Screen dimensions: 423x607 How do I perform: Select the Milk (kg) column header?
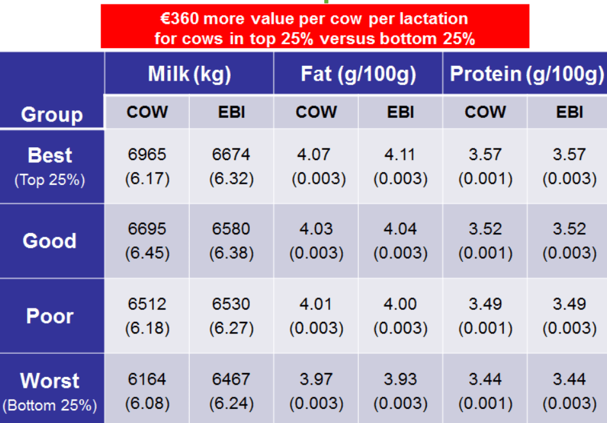click(189, 74)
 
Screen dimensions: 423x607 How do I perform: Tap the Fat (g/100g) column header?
click(358, 74)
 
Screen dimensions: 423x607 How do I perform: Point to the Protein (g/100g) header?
click(526, 74)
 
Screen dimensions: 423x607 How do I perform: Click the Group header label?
click(52, 115)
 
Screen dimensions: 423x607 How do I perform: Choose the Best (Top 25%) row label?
click(50, 166)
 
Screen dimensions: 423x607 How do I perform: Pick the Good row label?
click(50, 241)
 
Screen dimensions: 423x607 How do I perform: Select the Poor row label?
click(50, 315)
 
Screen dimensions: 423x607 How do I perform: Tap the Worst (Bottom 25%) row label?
click(50, 390)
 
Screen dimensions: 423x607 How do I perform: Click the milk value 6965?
click(147, 155)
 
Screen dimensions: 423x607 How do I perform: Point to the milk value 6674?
click(231, 155)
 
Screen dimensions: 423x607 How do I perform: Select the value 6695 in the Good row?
click(147, 229)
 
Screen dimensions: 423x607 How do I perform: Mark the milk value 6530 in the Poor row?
click(231, 304)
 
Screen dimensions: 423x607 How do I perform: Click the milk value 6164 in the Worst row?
click(147, 379)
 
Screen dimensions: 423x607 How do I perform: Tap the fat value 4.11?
click(400, 155)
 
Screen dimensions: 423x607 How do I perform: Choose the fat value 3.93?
click(400, 379)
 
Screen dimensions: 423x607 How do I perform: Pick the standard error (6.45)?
click(147, 253)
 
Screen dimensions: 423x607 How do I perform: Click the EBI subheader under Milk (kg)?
click(231, 113)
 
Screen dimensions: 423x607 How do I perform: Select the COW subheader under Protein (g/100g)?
click(485, 113)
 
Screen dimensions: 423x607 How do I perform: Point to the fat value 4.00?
click(400, 304)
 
